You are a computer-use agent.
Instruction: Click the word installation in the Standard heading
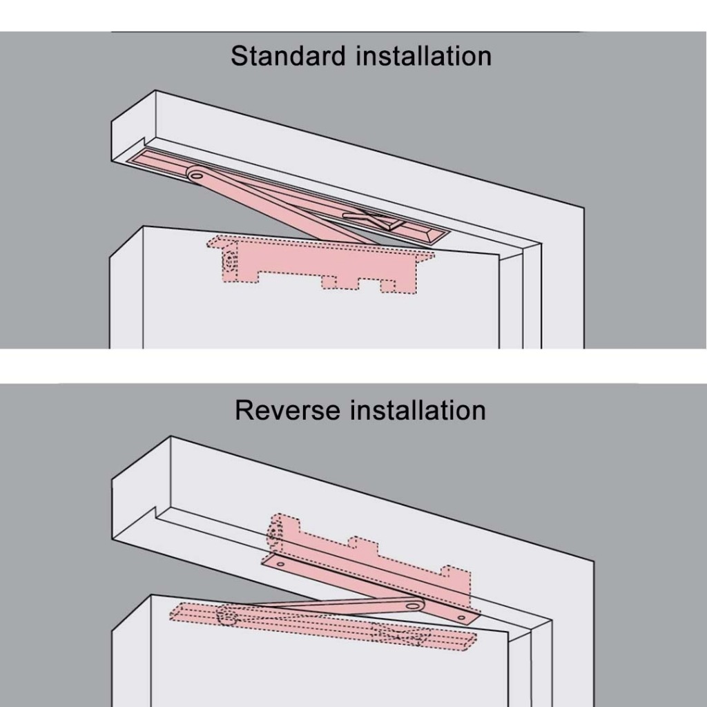[x=423, y=56]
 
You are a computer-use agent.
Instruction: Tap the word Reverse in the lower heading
[x=288, y=410]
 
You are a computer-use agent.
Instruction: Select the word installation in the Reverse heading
[x=418, y=410]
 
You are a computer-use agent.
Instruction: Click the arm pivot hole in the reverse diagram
[x=414, y=606]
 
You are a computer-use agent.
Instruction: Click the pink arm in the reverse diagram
[x=325, y=607]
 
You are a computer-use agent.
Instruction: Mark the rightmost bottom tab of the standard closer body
[x=388, y=284]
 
